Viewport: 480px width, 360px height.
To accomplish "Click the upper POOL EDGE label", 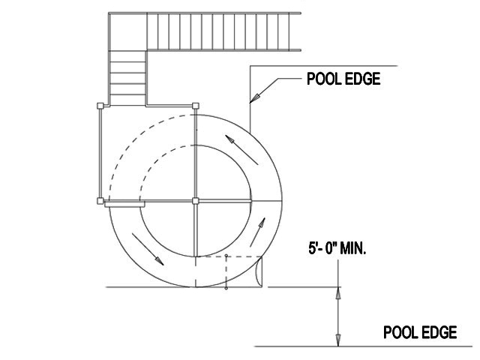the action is point(343,79).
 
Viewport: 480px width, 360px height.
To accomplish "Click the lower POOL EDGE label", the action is point(420,332).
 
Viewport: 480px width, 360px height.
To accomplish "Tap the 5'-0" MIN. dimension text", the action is point(337,247).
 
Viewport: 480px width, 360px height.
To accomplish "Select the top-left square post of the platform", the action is point(100,106).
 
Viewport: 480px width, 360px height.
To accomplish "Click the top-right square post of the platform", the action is point(196,106).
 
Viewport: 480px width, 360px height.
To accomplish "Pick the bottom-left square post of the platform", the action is point(100,201).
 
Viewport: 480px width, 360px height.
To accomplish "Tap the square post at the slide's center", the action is point(196,201).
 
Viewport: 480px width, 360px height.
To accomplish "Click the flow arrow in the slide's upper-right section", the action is point(241,150).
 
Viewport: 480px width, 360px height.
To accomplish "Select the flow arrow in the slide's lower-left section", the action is point(148,249).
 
